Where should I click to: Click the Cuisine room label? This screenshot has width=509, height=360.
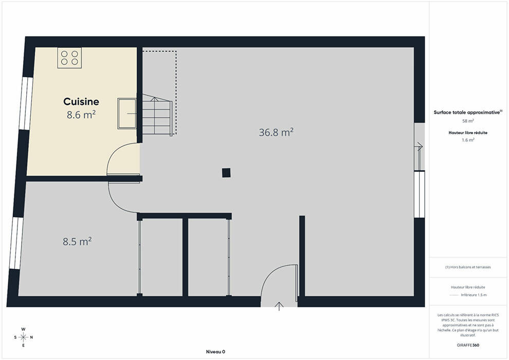81,102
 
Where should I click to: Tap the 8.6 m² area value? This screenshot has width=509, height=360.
81,115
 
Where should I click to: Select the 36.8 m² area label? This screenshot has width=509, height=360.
276,132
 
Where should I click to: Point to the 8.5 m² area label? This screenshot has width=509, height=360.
77,242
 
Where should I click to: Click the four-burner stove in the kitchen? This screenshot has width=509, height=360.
69,58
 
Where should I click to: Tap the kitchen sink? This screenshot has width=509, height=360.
127,114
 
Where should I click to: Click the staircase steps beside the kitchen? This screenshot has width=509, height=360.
157,115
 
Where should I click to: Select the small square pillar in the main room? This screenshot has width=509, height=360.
226,173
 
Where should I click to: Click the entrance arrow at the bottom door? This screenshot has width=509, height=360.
279,306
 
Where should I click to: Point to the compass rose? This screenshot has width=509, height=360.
23,337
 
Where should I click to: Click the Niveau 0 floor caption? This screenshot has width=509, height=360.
215,352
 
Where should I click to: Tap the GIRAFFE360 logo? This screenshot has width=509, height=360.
468,345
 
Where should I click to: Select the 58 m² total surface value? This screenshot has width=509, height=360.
468,121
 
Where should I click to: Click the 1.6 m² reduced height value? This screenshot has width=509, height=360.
468,140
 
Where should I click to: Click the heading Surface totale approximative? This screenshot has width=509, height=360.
467,112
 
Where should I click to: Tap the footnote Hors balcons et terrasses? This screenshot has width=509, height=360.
468,267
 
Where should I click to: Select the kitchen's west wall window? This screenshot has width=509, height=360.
26,103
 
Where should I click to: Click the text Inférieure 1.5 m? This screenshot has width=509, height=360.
474,295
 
